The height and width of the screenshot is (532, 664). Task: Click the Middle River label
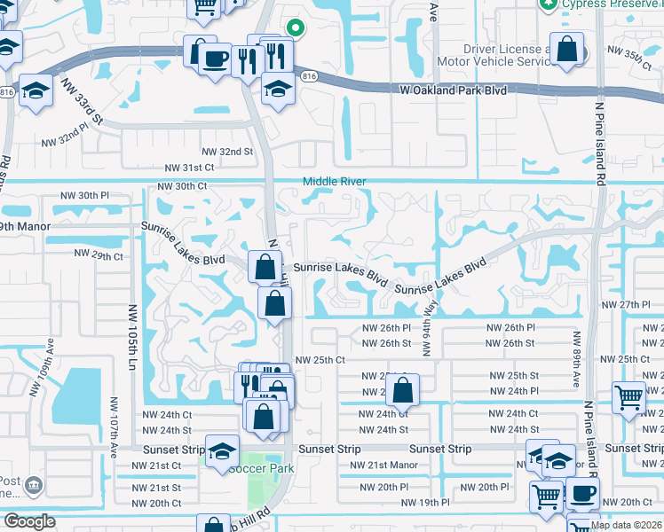334,182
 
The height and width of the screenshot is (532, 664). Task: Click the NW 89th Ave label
576,360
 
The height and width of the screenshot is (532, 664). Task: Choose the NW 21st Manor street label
383,465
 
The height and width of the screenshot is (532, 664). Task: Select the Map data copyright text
626,525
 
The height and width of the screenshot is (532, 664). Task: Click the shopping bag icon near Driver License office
566,51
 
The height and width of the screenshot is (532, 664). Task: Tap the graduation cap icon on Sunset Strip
222,450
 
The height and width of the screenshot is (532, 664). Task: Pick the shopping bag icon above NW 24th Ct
403,389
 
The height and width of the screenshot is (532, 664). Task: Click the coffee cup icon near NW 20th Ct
582,494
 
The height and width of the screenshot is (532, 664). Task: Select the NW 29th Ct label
99,254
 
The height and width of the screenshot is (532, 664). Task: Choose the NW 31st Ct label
191,167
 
